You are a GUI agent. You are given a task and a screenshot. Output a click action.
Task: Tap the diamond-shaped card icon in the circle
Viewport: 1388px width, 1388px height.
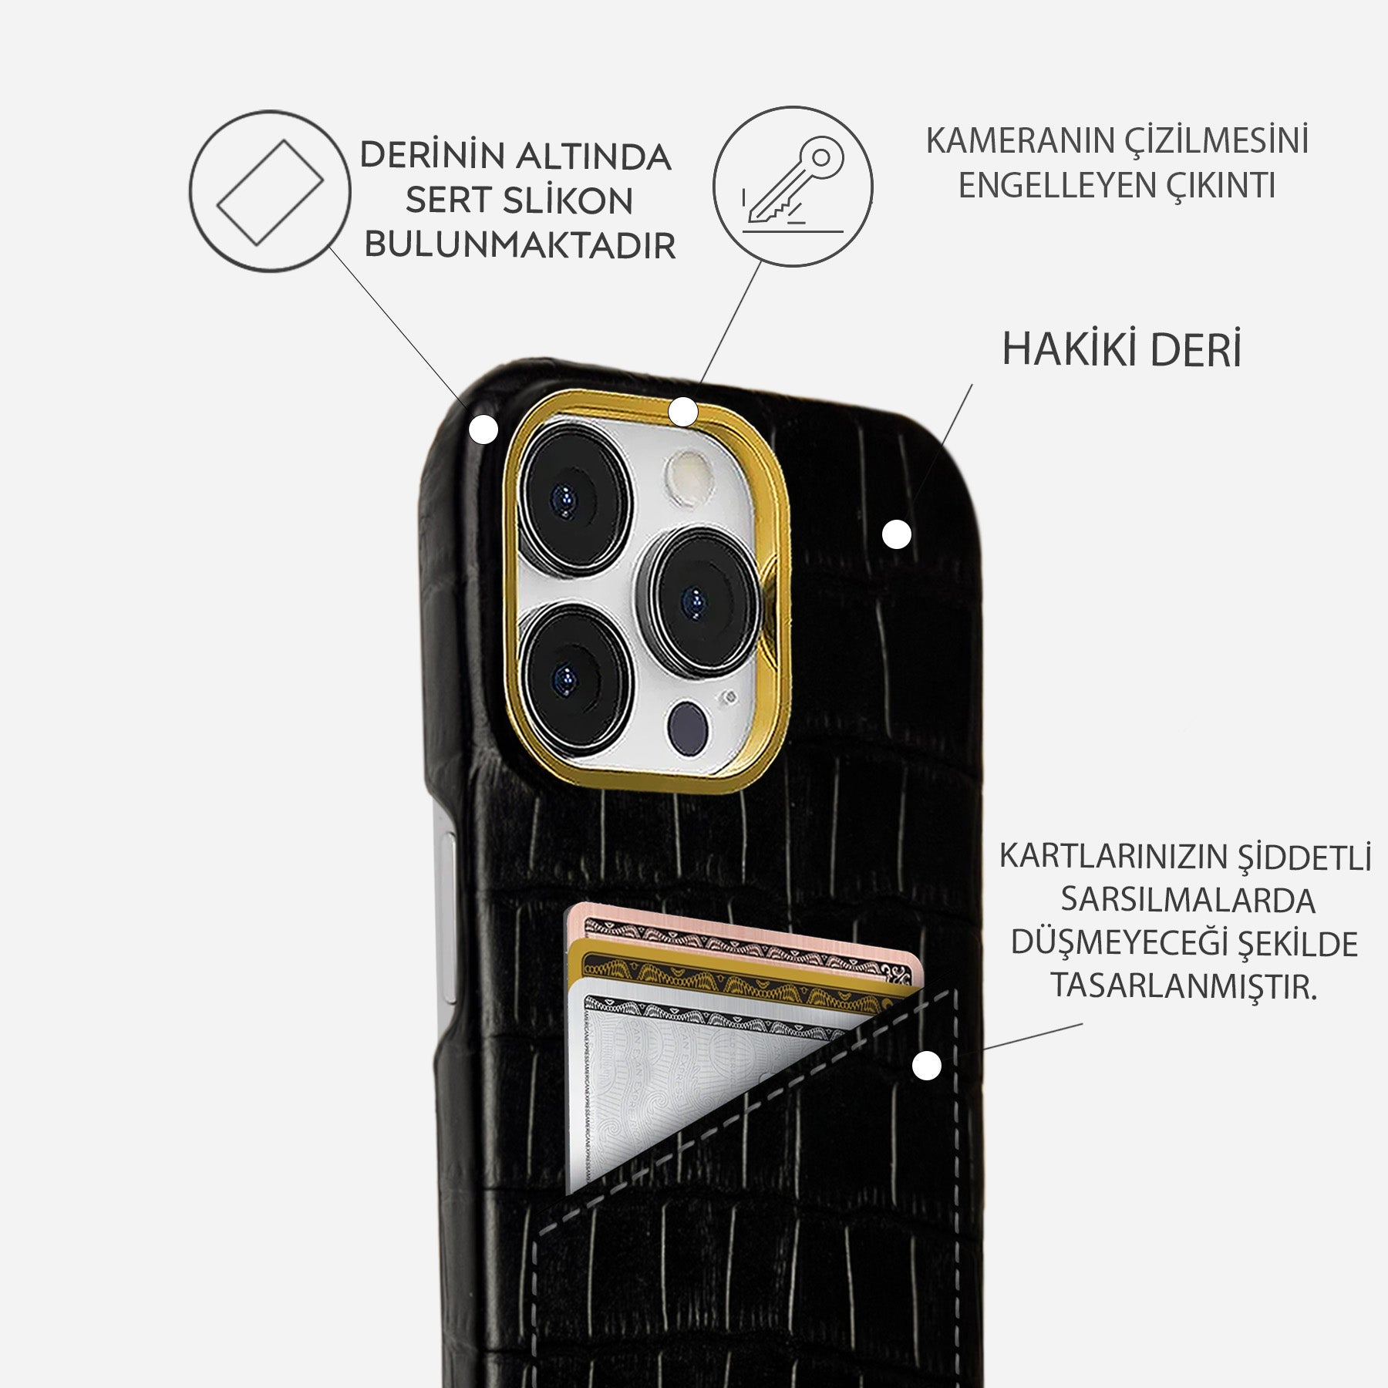[270, 192]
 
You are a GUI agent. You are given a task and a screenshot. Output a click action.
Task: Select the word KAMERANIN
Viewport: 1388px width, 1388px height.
[1019, 141]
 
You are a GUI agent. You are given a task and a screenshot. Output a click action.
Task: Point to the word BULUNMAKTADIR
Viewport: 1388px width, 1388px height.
[520, 245]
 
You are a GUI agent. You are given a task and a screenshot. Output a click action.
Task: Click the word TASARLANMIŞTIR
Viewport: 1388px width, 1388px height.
[1184, 986]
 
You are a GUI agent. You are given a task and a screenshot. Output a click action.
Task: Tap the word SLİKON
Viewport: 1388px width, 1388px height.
[568, 201]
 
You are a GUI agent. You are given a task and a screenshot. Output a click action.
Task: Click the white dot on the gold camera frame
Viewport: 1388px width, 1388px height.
[683, 412]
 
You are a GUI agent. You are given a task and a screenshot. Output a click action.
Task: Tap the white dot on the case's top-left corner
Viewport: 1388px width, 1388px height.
[484, 430]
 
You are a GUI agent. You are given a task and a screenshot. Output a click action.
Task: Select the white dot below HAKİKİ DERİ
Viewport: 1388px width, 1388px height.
[896, 534]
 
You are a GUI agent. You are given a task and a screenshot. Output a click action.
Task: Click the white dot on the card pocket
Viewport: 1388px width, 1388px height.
[927, 1066]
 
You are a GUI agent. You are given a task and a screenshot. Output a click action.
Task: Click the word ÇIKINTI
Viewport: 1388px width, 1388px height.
[1225, 186]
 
